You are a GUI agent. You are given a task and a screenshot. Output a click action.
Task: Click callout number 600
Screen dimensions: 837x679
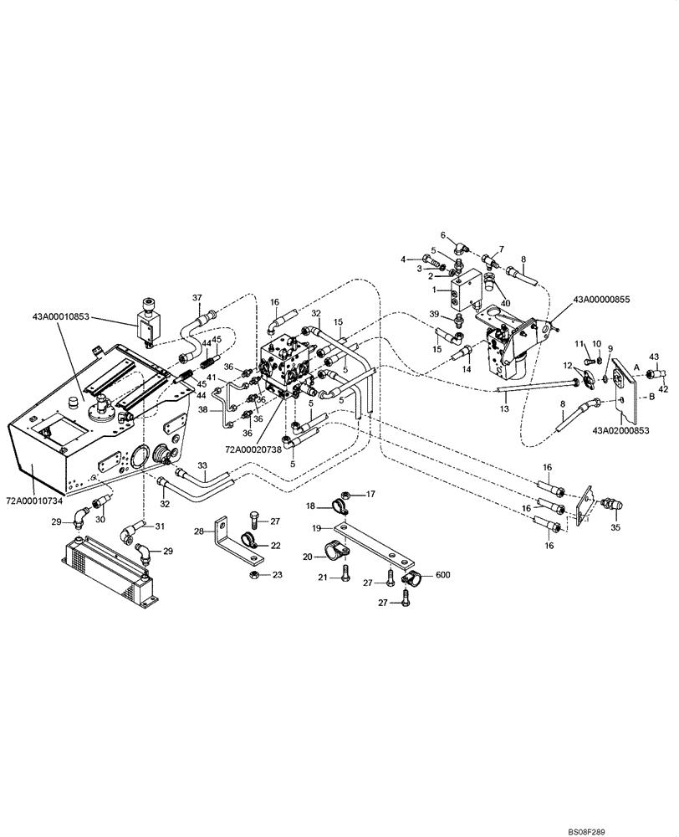click(x=442, y=574)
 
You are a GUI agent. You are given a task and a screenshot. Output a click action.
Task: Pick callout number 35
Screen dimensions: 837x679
click(x=617, y=527)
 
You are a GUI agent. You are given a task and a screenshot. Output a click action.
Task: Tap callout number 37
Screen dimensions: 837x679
click(x=198, y=298)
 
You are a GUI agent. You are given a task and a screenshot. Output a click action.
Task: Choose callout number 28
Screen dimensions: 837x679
click(x=199, y=531)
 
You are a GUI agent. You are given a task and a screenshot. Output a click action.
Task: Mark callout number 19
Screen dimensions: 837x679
click(x=318, y=528)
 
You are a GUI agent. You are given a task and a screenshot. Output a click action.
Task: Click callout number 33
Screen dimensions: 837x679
click(x=201, y=465)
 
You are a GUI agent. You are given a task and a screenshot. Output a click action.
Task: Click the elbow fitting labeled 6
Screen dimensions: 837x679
click(x=462, y=249)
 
